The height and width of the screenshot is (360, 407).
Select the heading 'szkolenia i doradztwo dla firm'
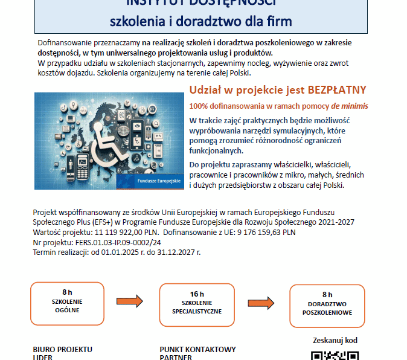(200, 21)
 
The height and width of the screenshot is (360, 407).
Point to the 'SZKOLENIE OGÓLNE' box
(67, 304)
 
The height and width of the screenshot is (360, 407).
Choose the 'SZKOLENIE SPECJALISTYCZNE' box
(197, 305)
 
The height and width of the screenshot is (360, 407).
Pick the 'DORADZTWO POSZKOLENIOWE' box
(327, 305)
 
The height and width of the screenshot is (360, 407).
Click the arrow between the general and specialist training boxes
(129, 301)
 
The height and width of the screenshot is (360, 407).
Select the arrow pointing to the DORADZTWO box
(261, 303)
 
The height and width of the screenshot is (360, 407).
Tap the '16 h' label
(197, 293)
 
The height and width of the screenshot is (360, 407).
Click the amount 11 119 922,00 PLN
(129, 231)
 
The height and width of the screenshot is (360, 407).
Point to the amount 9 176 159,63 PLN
(269, 231)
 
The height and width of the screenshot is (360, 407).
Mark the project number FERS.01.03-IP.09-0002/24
(117, 242)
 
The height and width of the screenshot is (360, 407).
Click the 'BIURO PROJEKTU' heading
(62, 349)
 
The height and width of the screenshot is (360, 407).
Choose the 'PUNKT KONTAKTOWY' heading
(197, 349)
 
